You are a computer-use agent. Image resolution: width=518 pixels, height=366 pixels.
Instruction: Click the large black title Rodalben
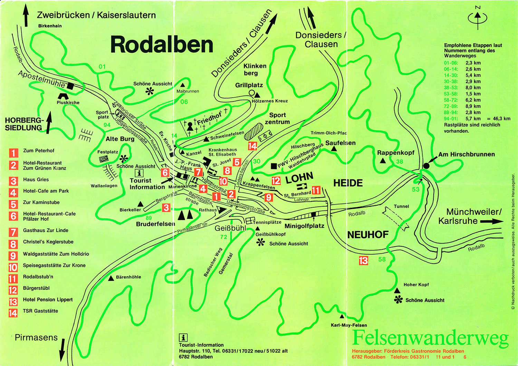point(162,45)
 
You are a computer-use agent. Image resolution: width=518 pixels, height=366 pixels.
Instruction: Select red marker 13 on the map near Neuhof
point(363,260)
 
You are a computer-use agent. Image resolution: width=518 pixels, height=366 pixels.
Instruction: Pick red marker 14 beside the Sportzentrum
point(252,146)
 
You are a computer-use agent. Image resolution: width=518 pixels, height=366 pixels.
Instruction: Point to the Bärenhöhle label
point(128,277)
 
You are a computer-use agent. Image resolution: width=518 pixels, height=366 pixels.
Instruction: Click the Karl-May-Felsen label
point(349,325)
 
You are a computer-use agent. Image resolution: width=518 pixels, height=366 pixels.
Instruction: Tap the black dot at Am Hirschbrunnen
point(426,166)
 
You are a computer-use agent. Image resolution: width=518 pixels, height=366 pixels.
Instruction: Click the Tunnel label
point(401,206)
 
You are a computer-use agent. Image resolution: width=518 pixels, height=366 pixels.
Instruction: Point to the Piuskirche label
point(68,102)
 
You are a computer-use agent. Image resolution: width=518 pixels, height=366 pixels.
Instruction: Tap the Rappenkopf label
point(395,152)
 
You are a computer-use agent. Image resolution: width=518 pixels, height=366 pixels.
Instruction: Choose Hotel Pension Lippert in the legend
point(48,299)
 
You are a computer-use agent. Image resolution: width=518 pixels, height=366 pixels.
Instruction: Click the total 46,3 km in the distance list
point(501,119)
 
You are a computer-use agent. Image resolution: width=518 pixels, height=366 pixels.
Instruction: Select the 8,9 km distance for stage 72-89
point(473,106)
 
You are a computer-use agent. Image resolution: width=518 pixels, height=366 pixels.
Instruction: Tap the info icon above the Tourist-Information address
point(183,337)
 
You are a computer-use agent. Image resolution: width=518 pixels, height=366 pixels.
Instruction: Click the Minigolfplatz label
point(304,226)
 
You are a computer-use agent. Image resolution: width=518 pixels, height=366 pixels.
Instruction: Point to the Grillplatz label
point(249,85)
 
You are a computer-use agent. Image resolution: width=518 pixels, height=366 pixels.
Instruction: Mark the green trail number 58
point(382,259)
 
